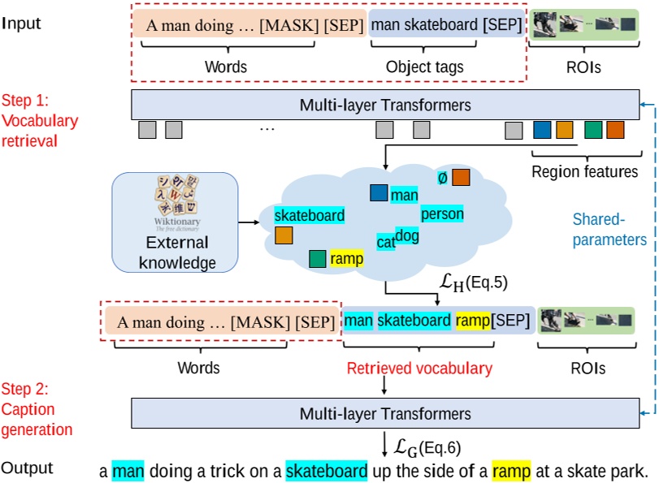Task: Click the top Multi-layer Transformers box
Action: [385, 106]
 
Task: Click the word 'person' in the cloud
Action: [442, 214]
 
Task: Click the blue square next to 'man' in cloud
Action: [379, 193]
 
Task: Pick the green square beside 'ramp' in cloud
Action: [319, 259]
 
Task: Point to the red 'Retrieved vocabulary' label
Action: [419, 369]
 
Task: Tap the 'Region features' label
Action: [584, 171]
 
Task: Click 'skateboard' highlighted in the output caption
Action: [326, 470]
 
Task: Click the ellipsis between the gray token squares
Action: [267, 130]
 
